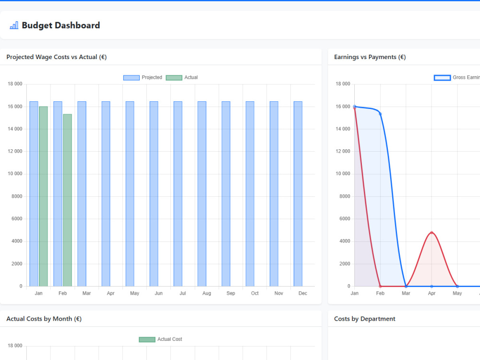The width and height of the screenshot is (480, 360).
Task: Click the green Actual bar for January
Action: pyautogui.click(x=44, y=196)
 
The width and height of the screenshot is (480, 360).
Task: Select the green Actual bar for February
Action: pyautogui.click(x=67, y=200)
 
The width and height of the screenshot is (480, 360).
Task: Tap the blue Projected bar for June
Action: pyautogui.click(x=154, y=194)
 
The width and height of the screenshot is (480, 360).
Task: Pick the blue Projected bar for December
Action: pyautogui.click(x=298, y=194)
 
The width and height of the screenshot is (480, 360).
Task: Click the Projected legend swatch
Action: pyautogui.click(x=132, y=78)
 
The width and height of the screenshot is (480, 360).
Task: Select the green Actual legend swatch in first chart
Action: pyautogui.click(x=174, y=78)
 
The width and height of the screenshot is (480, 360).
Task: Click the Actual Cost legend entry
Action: pyautogui.click(x=160, y=339)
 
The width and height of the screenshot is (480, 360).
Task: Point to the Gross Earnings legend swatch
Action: pyautogui.click(x=443, y=78)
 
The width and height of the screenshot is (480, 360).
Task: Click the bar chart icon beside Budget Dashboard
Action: pyautogui.click(x=14, y=25)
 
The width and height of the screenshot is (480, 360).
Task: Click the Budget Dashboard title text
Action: pyautogui.click(x=61, y=25)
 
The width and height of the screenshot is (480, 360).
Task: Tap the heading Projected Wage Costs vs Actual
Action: pyautogui.click(x=57, y=57)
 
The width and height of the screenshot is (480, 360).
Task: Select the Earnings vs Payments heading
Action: pyautogui.click(x=370, y=57)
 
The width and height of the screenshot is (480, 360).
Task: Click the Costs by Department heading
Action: pyautogui.click(x=365, y=319)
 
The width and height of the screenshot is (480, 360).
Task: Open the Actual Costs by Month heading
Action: pyautogui.click(x=44, y=319)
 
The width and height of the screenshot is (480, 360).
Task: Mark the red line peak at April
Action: pyautogui.click(x=432, y=233)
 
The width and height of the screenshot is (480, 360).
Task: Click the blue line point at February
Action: pyautogui.click(x=380, y=114)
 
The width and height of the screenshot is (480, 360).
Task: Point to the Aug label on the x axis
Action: pyautogui.click(x=206, y=293)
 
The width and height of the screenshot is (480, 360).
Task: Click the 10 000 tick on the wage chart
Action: pyautogui.click(x=15, y=174)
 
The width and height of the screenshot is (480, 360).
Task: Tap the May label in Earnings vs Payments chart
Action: pyautogui.click(x=457, y=293)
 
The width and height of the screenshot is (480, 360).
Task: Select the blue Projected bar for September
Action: pyautogui.click(x=226, y=194)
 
